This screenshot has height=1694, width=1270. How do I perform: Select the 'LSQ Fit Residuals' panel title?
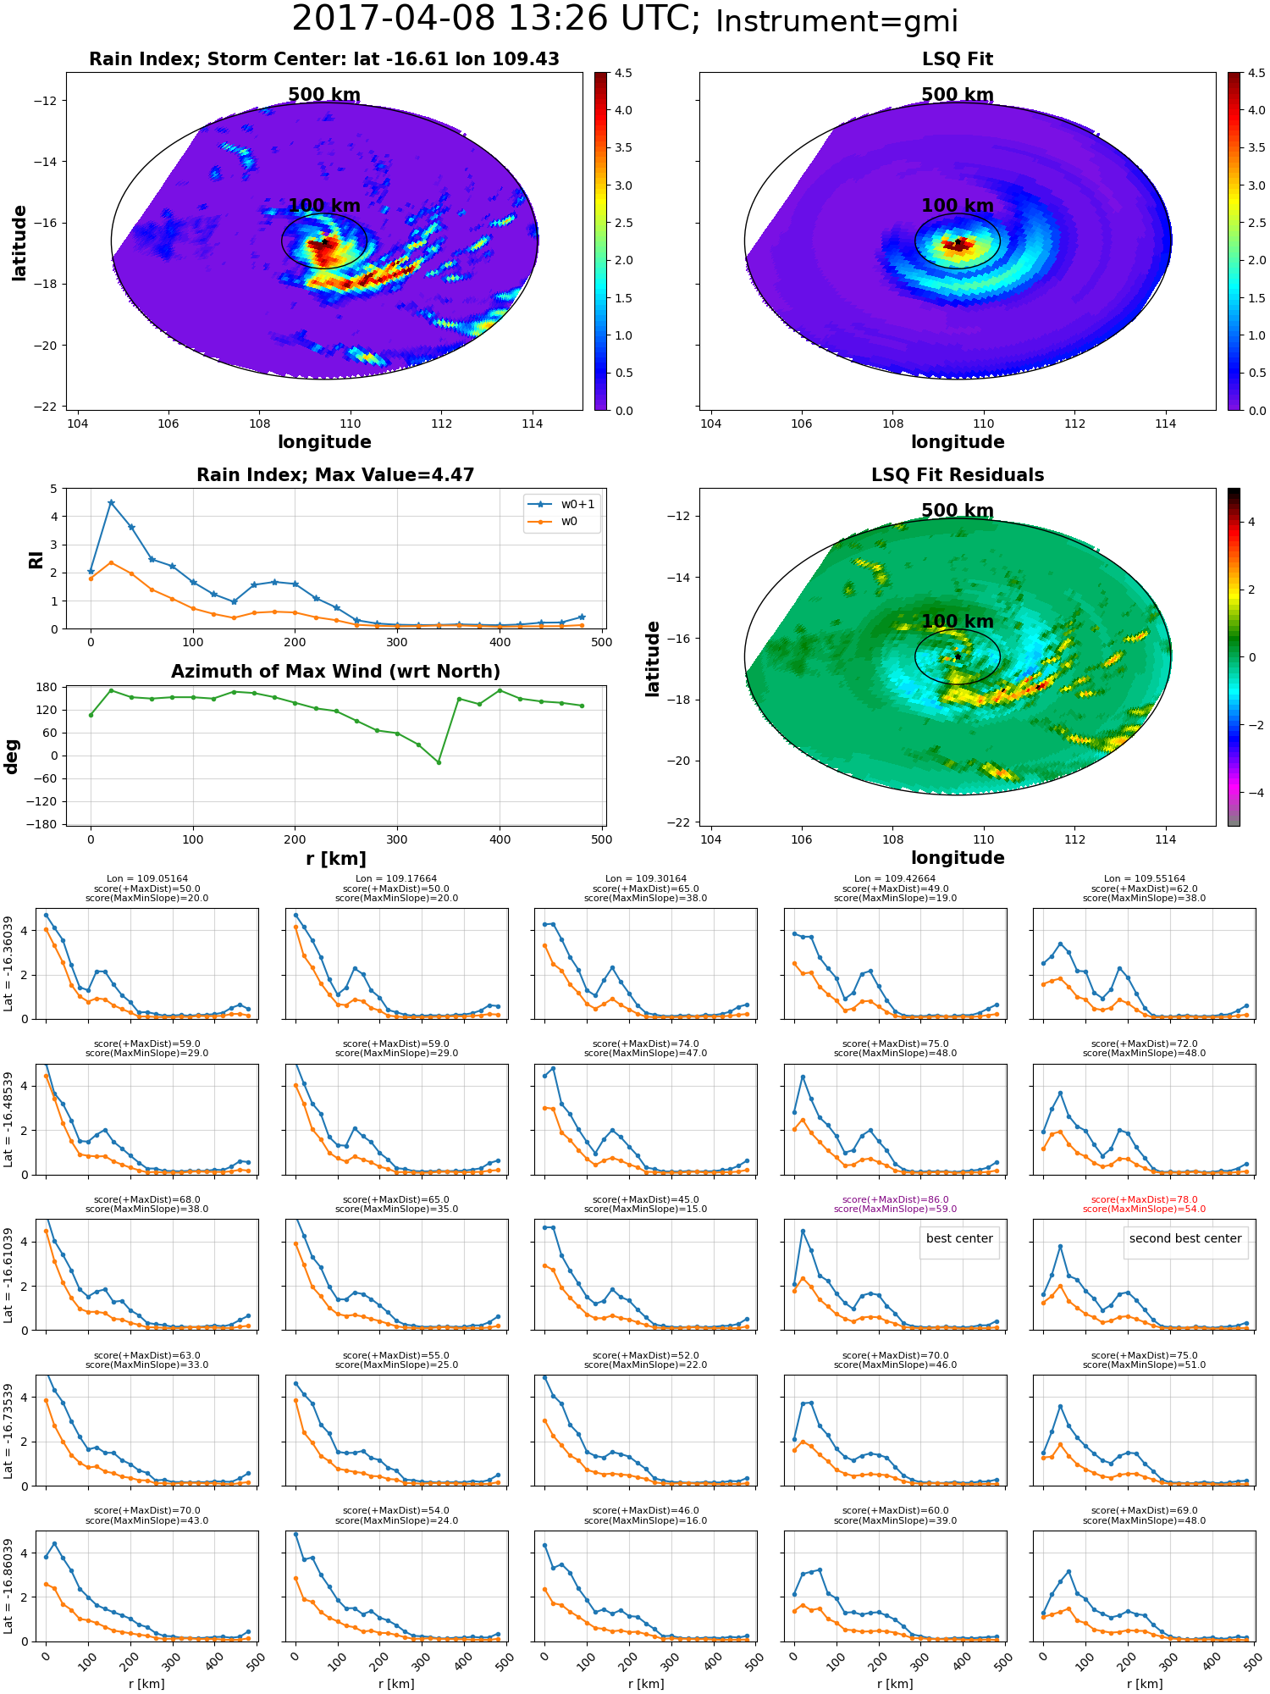[958, 475]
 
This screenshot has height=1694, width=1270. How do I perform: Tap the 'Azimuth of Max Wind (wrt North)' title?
[335, 672]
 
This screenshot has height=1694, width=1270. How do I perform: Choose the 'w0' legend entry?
[569, 521]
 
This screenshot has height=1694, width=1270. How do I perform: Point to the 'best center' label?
[959, 1238]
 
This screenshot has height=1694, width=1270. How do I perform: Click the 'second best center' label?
[1185, 1238]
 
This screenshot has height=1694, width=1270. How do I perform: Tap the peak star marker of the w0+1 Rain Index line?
[111, 502]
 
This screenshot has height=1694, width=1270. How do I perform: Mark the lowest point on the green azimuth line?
[439, 762]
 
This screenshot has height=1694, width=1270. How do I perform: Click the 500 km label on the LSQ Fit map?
[958, 95]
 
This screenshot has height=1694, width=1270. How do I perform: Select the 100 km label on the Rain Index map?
[324, 206]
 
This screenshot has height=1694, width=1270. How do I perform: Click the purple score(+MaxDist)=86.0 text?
[895, 1199]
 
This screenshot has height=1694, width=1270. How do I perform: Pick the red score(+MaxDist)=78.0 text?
[1144, 1199]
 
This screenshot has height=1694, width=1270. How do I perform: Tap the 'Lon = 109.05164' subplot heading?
[146, 879]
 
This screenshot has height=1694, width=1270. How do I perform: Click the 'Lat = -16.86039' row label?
[8, 1586]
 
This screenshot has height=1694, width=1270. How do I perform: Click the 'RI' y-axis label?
[36, 559]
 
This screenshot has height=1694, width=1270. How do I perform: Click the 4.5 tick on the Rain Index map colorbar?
[623, 73]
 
